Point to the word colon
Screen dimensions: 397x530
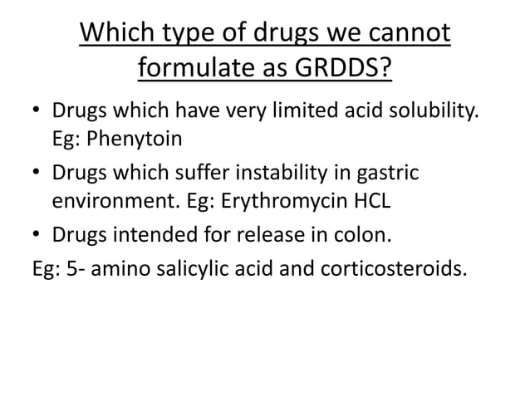363,237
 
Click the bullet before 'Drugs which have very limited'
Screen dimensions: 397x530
35,110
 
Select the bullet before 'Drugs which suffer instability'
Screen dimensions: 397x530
35,174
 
